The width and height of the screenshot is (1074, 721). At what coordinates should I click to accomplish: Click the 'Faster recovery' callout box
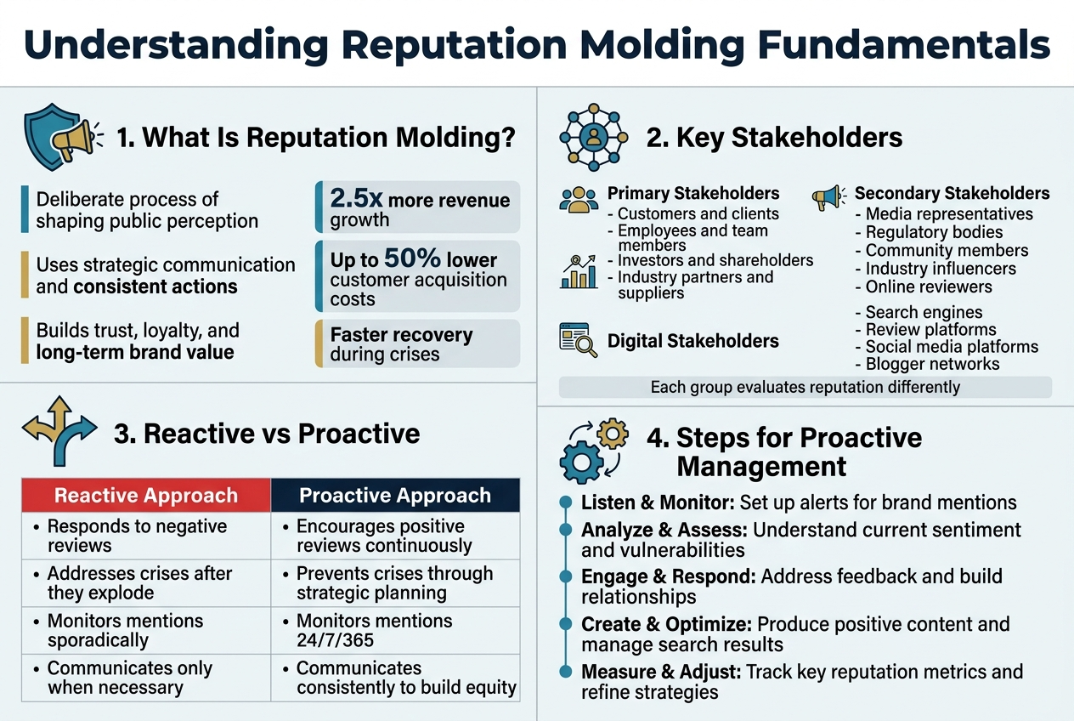point(417,343)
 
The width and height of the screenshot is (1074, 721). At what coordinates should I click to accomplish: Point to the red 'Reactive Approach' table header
point(146,496)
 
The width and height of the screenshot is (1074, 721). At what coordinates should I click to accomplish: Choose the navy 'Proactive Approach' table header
point(395,496)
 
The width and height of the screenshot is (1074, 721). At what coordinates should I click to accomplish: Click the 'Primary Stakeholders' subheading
point(692,193)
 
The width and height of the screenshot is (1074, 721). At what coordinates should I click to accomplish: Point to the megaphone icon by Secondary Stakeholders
point(828,197)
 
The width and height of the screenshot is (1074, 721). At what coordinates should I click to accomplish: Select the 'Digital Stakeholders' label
point(692,341)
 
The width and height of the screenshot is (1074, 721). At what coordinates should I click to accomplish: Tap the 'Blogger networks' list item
point(932,364)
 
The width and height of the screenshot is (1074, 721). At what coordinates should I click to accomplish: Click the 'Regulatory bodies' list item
point(934,232)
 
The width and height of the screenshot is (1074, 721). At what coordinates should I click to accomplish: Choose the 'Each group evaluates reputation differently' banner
point(805,388)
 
